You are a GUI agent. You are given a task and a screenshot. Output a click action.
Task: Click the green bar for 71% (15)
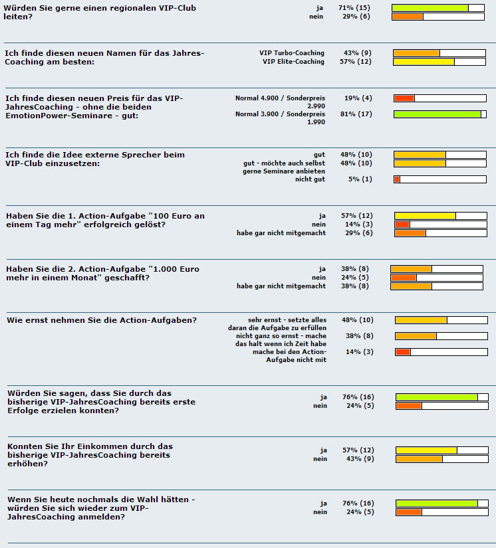(x=430, y=8)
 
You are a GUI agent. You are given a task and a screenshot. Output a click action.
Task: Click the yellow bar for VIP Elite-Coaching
(x=424, y=62)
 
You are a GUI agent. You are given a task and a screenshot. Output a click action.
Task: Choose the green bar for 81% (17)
(x=437, y=114)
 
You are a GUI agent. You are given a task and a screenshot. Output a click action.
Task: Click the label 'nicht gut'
(x=310, y=179)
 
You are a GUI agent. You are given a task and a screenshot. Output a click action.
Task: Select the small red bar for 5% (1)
(x=397, y=179)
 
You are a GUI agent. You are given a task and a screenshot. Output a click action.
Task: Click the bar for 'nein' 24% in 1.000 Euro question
(x=403, y=278)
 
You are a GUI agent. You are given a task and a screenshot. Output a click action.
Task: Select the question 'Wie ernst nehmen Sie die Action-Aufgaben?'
(x=102, y=321)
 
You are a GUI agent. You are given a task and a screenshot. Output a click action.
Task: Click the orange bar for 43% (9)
(x=419, y=459)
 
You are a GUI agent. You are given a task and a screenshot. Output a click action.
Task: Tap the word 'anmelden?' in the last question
(x=102, y=517)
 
